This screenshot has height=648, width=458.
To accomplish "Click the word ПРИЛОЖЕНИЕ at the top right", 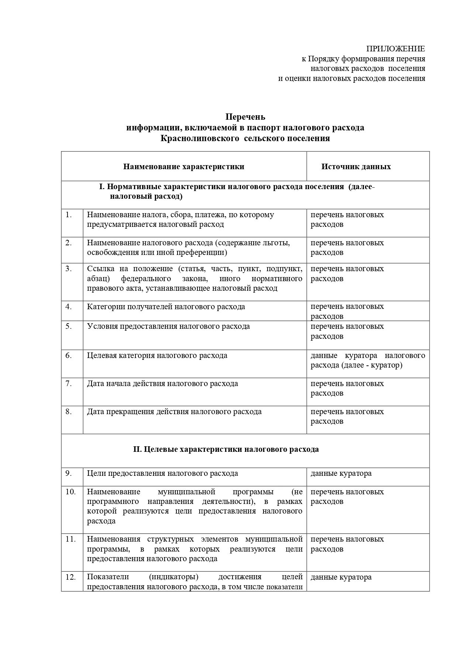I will pyautogui.click(x=395, y=49).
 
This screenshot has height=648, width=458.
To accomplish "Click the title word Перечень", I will pyautogui.click(x=245, y=117).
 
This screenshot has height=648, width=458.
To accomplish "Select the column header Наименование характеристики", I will pyautogui.click(x=183, y=167).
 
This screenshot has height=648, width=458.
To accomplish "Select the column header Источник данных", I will pyautogui.click(x=356, y=167).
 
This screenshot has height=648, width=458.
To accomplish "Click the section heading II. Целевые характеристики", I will pyautogui.click(x=226, y=449).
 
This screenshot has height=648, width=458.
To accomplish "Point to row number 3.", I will pyautogui.click(x=69, y=269).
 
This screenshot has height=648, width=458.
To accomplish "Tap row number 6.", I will pyautogui.click(x=69, y=355).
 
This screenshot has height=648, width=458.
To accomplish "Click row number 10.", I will pyautogui.click(x=70, y=492).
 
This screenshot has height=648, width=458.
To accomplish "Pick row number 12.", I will pyautogui.click(x=70, y=577).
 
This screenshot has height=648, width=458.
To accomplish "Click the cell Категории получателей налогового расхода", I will pyautogui.click(x=166, y=307).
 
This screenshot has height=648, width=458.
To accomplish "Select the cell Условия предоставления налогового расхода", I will pyautogui.click(x=168, y=327).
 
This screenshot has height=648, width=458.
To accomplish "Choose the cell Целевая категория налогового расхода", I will pyautogui.click(x=157, y=355).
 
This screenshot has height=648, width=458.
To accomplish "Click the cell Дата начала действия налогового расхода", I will pyautogui.click(x=162, y=383).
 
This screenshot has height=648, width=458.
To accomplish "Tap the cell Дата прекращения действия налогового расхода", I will pyautogui.click(x=174, y=412).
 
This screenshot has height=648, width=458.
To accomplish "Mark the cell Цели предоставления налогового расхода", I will pyautogui.click(x=162, y=473).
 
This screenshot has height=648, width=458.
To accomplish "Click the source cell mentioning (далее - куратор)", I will pyautogui.click(x=367, y=360).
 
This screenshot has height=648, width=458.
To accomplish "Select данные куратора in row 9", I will pyautogui.click(x=341, y=473).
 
